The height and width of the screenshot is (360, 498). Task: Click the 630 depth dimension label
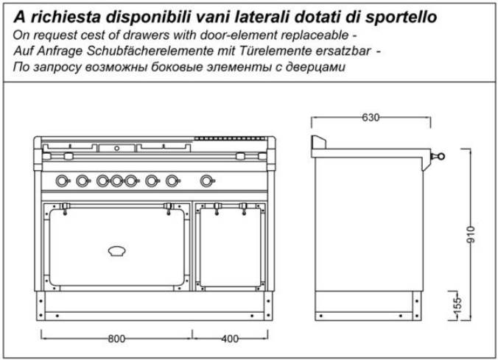(x=371, y=118)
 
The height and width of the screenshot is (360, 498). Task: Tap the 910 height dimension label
(x=471, y=235)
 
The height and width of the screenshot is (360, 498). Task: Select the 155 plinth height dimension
(x=457, y=305)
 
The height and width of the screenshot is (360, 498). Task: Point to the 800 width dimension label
(x=116, y=339)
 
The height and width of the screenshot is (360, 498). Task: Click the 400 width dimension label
(x=230, y=339)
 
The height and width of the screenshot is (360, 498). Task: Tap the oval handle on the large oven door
(x=117, y=251)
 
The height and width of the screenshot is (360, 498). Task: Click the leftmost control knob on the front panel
(x=63, y=181)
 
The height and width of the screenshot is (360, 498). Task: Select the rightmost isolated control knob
(x=208, y=181)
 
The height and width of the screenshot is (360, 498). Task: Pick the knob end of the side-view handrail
(x=441, y=156)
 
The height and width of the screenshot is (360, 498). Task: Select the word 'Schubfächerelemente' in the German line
(x=150, y=51)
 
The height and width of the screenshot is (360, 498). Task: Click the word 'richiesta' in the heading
(x=66, y=17)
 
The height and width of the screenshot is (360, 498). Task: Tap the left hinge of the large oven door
(x=65, y=208)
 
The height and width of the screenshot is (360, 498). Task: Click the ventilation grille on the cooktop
(x=230, y=138)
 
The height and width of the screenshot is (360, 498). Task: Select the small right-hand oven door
(x=231, y=247)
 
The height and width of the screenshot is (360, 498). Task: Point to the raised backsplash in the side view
(x=318, y=142)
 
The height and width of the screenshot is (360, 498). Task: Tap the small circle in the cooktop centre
(x=117, y=148)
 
